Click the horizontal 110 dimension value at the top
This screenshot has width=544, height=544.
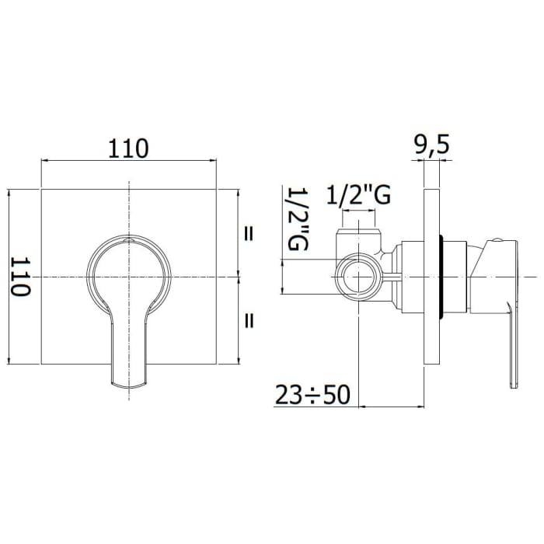point(128,148)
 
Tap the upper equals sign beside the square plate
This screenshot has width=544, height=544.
point(250,232)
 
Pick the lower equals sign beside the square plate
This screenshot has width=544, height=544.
point(250,319)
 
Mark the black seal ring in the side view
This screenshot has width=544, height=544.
point(442,277)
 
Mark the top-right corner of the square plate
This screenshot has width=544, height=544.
point(216,190)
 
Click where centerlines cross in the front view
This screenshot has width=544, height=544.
point(129,277)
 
